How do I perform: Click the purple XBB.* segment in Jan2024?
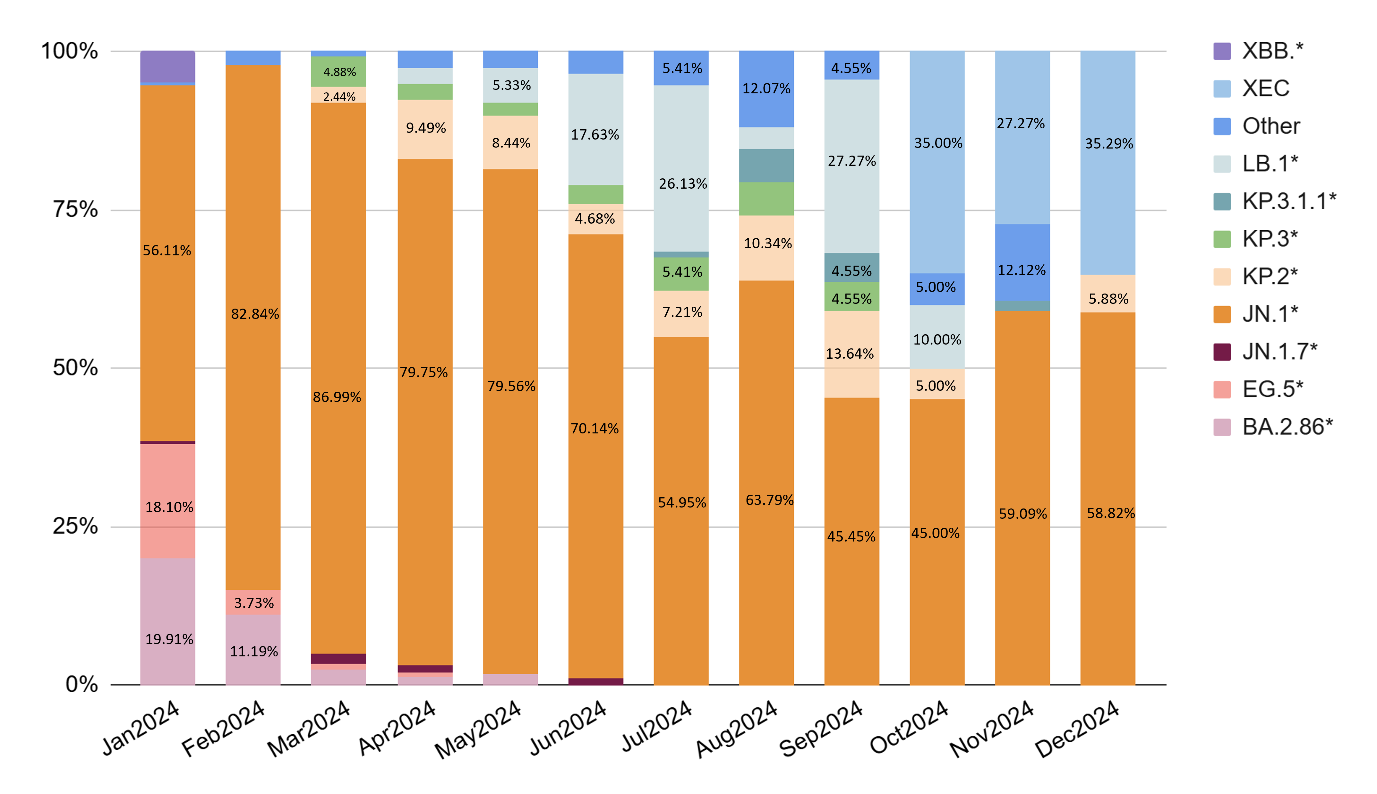click(x=167, y=66)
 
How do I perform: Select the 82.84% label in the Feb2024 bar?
click(x=255, y=314)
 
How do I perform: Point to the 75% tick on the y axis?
click(x=75, y=209)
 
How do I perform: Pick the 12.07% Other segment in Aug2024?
click(x=766, y=89)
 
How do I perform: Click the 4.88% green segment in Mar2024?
click(x=339, y=72)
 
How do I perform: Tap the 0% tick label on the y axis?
click(x=82, y=684)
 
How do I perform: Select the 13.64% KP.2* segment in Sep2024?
click(x=851, y=354)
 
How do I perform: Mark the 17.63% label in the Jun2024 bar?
click(x=594, y=135)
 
